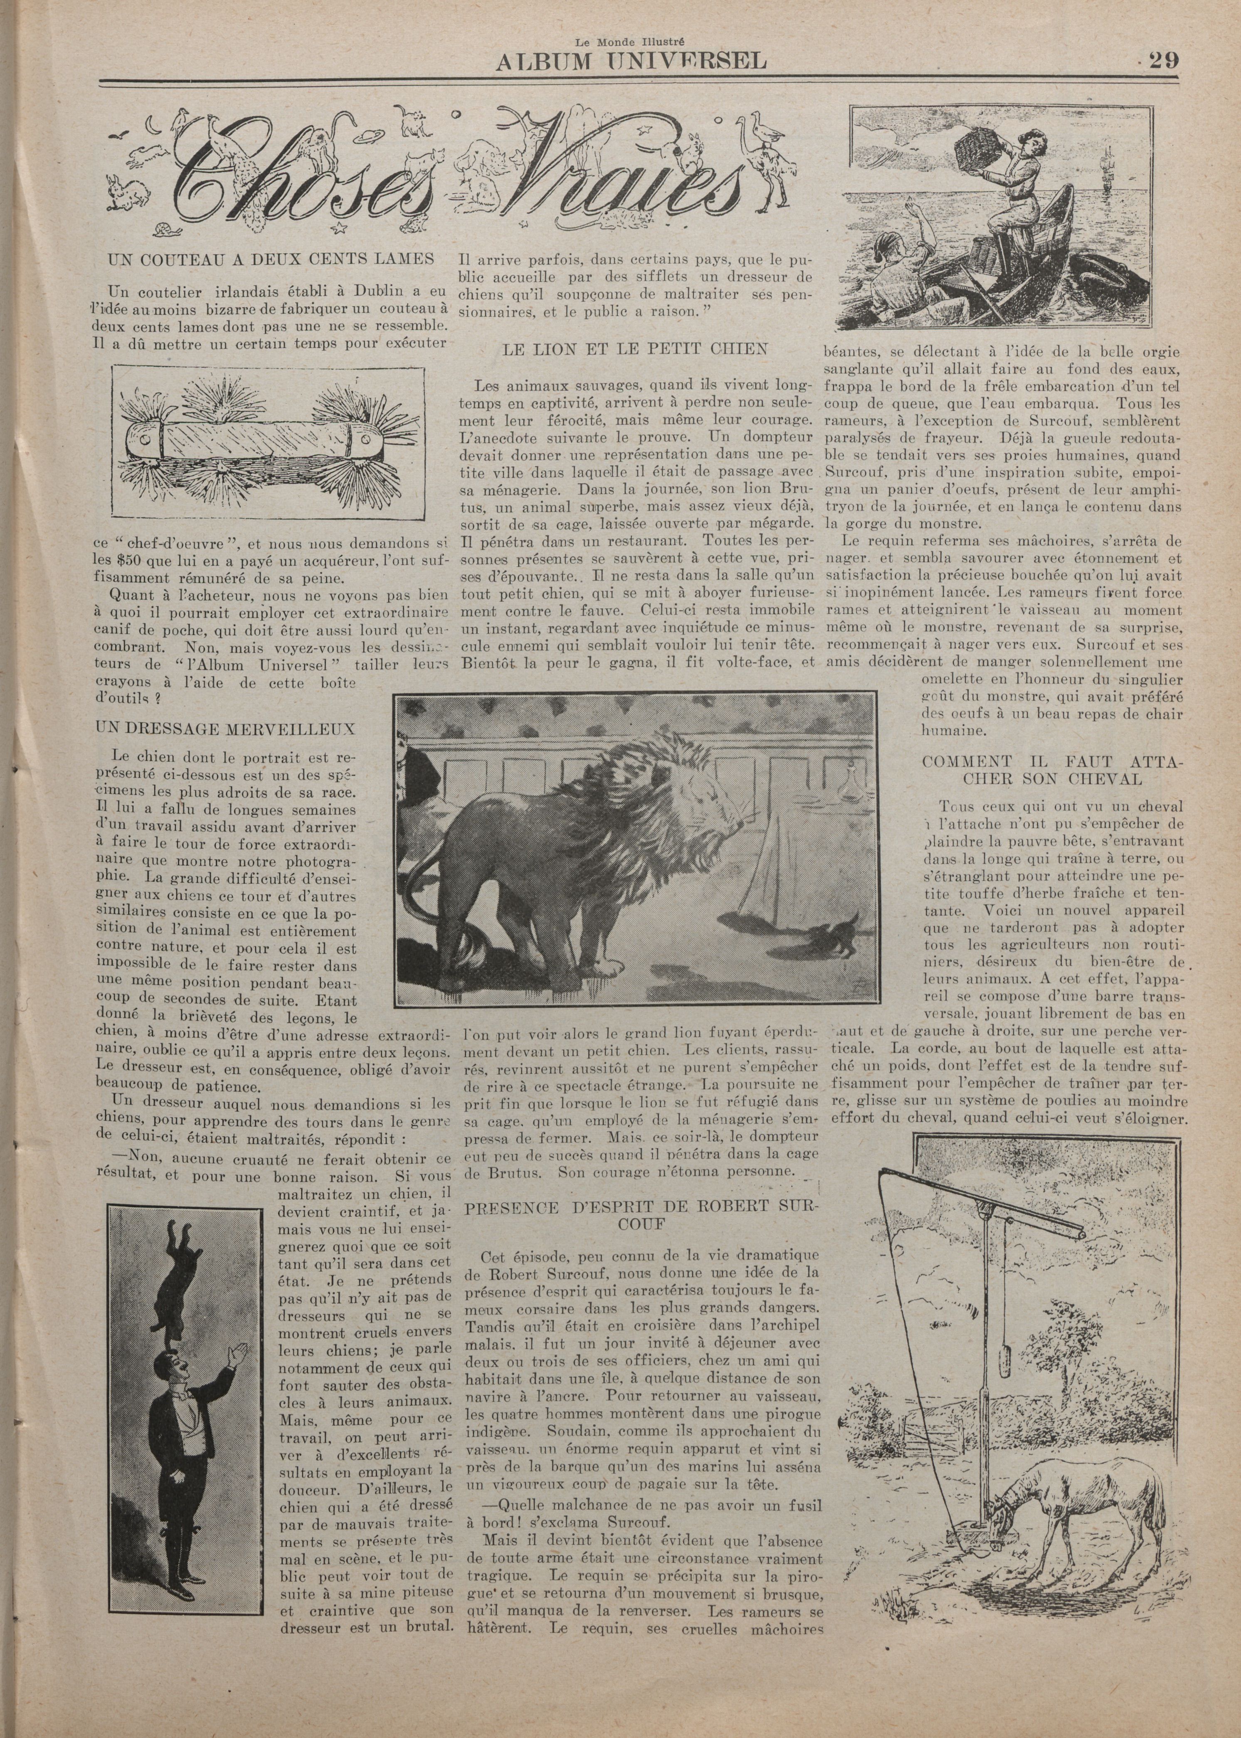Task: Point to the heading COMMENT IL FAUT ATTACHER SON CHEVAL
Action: pyautogui.click(x=1052, y=770)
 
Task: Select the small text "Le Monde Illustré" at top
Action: pyautogui.click(x=631, y=44)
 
